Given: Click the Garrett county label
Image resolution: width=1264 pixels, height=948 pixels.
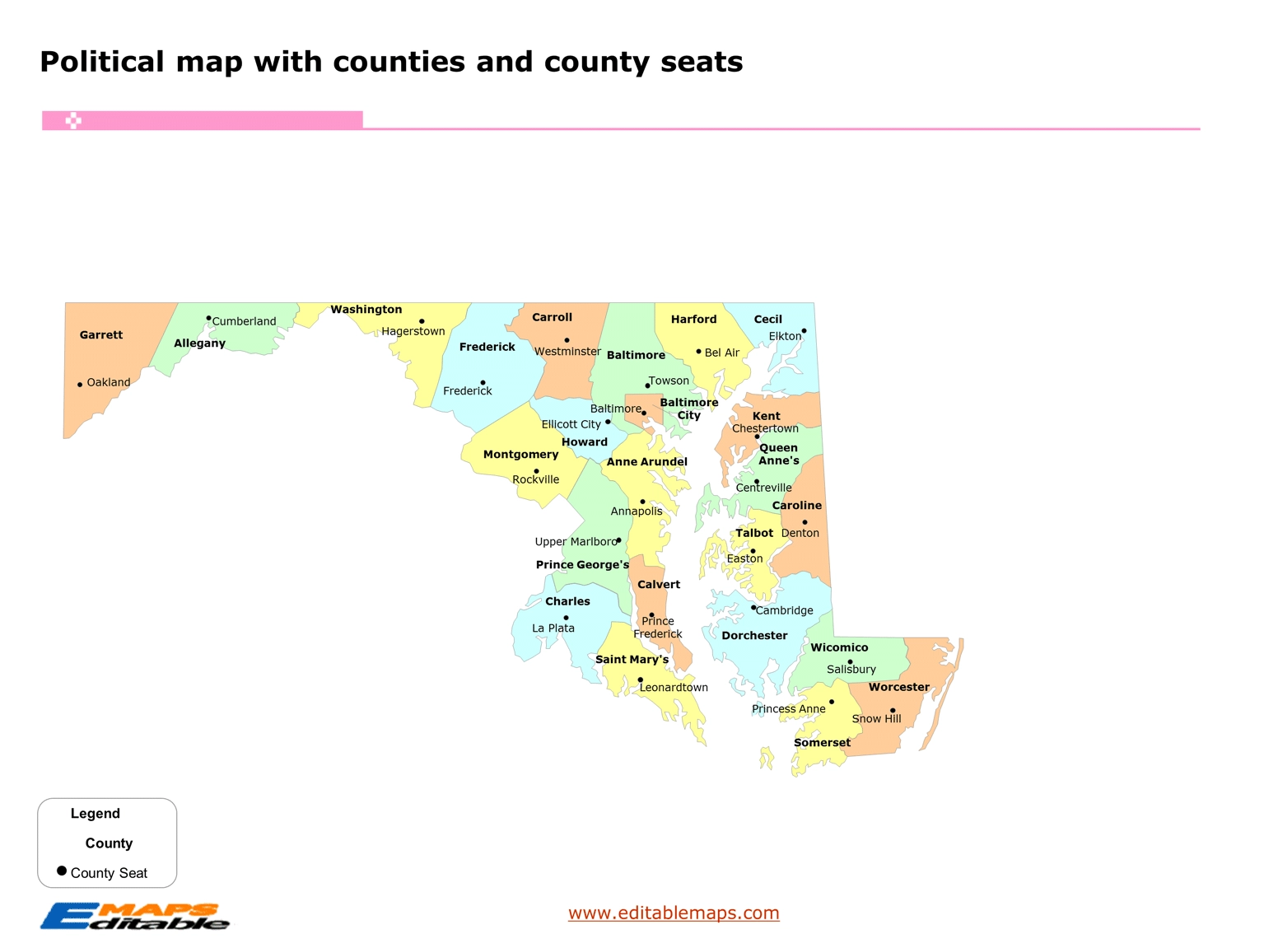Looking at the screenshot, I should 101,335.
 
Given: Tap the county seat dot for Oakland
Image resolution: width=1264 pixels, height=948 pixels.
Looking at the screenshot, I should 80,385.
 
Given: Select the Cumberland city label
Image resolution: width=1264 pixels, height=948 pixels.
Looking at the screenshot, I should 244,321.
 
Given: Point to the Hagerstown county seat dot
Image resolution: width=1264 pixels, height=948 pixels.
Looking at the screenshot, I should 422,321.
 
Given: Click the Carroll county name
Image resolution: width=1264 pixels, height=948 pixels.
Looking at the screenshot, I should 552,317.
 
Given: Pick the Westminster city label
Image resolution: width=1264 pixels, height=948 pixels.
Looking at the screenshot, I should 567,352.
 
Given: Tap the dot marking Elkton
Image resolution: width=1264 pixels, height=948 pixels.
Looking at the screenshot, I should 804,331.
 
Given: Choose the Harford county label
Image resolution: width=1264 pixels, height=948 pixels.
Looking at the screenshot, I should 693,320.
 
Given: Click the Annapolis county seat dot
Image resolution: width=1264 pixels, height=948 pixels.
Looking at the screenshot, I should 642,502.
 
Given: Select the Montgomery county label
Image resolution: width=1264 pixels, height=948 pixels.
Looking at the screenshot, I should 520,455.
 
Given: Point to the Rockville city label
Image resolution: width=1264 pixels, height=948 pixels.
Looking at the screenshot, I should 535,479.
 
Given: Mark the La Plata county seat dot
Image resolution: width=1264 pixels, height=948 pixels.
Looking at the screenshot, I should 566,618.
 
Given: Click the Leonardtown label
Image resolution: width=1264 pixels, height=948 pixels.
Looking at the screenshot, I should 674,688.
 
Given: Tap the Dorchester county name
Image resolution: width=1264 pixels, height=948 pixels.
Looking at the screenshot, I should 754,636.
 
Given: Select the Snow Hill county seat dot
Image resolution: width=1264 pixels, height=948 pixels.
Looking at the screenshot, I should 893,710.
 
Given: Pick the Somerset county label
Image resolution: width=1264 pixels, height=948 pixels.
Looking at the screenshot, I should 822,743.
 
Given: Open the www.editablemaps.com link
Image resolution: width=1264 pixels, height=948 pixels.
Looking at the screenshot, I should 674,913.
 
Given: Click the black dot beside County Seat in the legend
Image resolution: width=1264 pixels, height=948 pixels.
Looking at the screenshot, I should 62,871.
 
